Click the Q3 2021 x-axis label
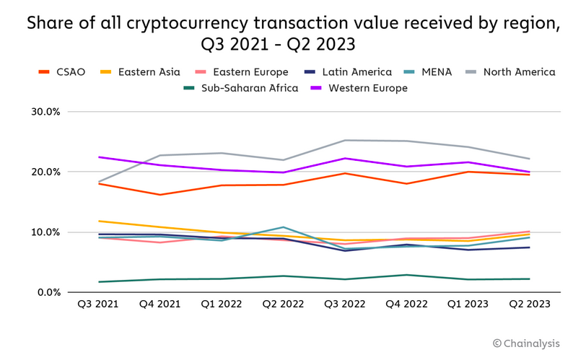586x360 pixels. pos(97,304)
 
